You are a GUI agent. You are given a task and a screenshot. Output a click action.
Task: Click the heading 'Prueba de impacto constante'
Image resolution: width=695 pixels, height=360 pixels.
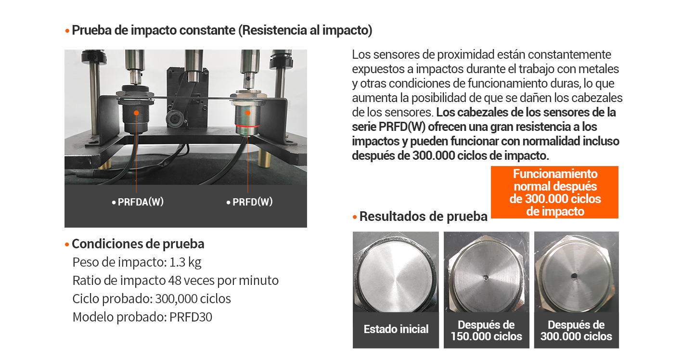click(154, 30)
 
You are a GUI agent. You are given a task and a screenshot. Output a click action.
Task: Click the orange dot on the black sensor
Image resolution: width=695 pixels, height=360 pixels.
click(137, 113)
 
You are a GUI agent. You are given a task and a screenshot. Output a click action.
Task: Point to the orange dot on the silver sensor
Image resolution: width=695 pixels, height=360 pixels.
click(248, 113)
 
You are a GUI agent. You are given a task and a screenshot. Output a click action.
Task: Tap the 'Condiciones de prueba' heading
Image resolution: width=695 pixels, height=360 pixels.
click(138, 244)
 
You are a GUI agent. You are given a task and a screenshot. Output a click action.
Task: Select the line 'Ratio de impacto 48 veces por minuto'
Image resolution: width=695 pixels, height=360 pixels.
click(175, 281)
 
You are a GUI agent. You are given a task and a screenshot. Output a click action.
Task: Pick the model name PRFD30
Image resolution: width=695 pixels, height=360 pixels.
click(191, 317)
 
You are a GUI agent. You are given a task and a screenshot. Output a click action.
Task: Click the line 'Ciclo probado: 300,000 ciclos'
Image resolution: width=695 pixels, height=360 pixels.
click(152, 299)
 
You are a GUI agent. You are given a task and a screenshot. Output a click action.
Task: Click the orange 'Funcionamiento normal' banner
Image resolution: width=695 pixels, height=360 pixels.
click(554, 193)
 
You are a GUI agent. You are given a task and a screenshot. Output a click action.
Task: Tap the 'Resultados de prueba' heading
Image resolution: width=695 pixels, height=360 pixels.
click(423, 217)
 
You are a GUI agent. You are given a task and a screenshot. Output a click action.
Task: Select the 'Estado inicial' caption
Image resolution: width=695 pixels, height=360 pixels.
click(396, 330)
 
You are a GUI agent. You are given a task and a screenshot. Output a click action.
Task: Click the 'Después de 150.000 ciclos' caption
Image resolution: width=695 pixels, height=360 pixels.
click(486, 331)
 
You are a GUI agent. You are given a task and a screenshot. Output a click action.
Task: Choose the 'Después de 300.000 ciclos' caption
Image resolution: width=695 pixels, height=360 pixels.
click(576, 331)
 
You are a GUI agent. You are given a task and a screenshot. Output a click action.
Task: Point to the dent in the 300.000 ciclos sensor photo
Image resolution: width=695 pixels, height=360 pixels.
click(574, 276)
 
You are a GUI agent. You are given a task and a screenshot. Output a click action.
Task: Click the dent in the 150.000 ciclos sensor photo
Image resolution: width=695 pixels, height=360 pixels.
click(486, 277)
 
